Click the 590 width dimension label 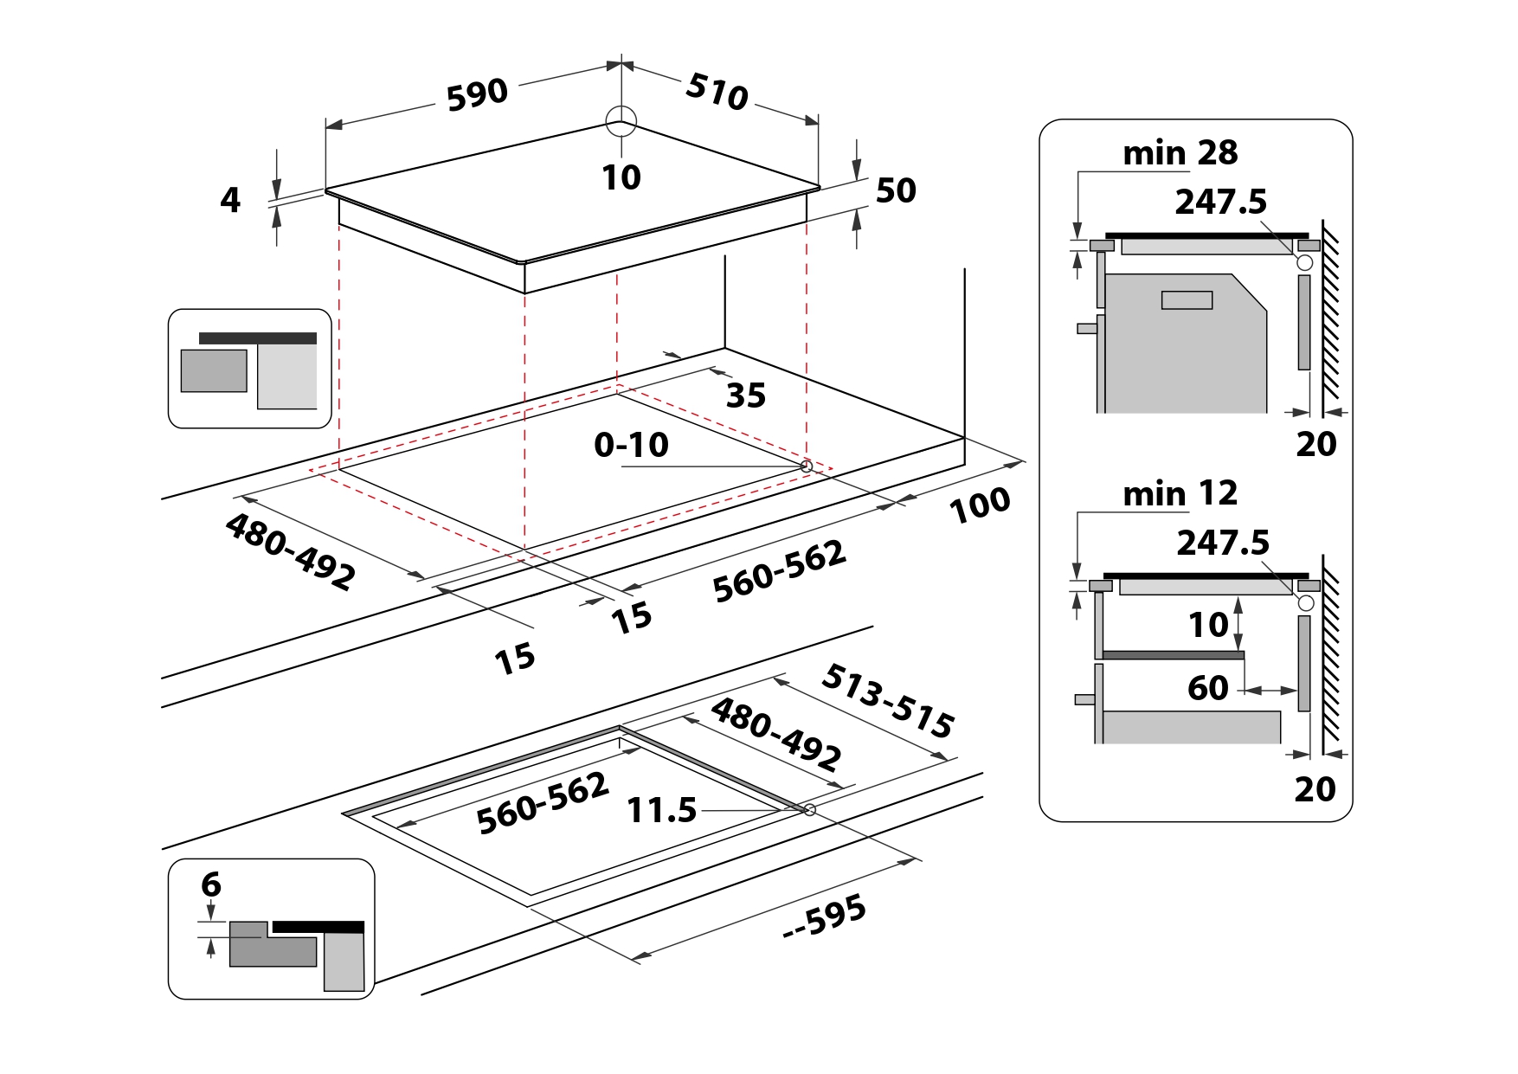tap(477, 94)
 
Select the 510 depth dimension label tap(717, 92)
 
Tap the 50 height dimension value tap(896, 191)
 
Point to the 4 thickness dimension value tap(229, 200)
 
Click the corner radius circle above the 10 tap(621, 121)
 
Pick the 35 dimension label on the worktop tap(745, 396)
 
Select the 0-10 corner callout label tap(631, 445)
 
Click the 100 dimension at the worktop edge tap(980, 505)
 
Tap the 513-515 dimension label tap(887, 701)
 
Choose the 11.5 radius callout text tap(661, 811)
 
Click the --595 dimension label tap(824, 916)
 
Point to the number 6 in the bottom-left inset tap(211, 884)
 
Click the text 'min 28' tap(1180, 153)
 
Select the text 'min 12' tap(1180, 494)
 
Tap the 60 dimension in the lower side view tap(1207, 688)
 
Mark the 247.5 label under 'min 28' tap(1220, 203)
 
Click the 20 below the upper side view tap(1315, 444)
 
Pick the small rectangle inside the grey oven tap(1187, 300)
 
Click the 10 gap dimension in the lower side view tap(1208, 625)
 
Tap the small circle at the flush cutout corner tap(809, 810)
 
